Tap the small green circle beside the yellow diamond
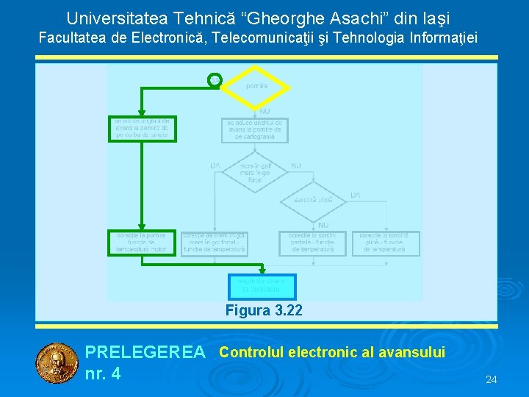215,79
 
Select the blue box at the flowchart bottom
262,285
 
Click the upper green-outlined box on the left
143,129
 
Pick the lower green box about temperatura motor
143,243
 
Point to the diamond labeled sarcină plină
314,199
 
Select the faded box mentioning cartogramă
255,129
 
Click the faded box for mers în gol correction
215,243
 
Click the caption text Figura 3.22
263,310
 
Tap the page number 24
492,379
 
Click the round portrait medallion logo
57,364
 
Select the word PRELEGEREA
145,353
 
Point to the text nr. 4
103,373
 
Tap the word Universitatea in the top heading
111,18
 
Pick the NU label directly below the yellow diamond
264,111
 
